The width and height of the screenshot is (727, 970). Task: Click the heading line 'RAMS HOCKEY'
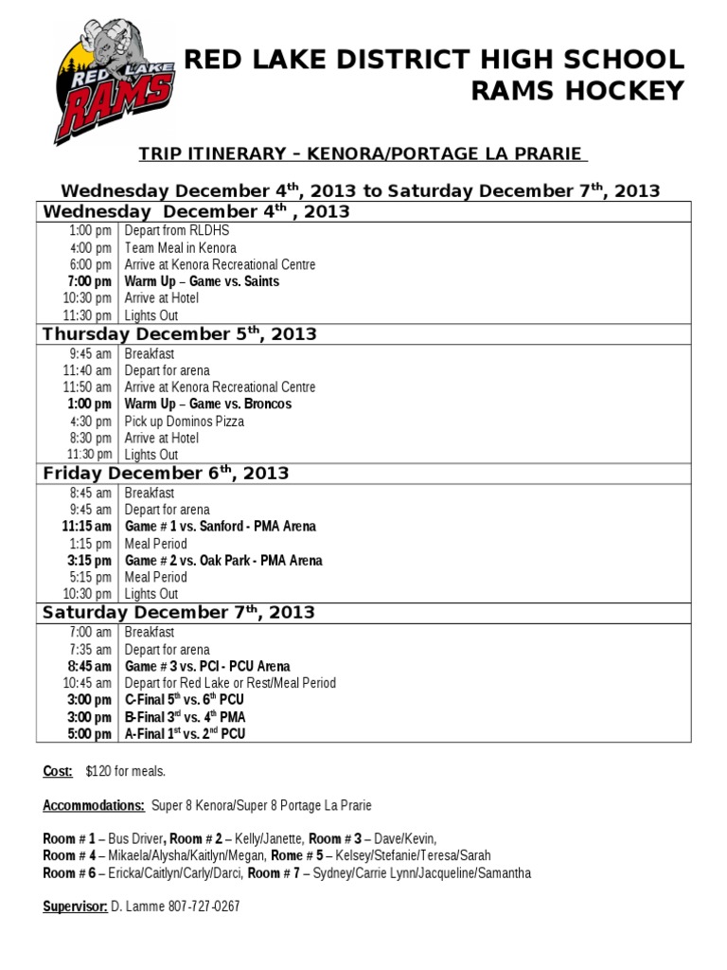(x=577, y=91)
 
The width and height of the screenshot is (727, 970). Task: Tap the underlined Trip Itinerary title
(x=363, y=153)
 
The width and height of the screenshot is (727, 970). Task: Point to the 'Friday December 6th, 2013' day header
(x=166, y=473)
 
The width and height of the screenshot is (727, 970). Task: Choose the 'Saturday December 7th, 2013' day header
(x=179, y=612)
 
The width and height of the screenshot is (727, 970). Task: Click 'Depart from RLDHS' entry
(x=177, y=230)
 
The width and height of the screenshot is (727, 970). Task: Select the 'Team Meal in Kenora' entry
(x=181, y=247)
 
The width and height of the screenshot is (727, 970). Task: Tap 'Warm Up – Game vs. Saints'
(x=202, y=281)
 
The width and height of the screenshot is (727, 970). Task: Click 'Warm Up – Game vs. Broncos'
(x=208, y=404)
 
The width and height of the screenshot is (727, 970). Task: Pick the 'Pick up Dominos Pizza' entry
(x=185, y=421)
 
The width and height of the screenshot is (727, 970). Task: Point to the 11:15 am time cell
(x=87, y=526)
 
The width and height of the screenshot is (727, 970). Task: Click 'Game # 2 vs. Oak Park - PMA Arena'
(x=223, y=560)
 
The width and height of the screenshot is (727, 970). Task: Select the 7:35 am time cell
(x=91, y=649)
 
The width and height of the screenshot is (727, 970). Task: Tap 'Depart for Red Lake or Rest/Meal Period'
(x=230, y=683)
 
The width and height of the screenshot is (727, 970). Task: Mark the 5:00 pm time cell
(x=92, y=734)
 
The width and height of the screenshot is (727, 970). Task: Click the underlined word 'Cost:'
(x=57, y=771)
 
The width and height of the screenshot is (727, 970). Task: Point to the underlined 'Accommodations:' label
(x=94, y=805)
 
